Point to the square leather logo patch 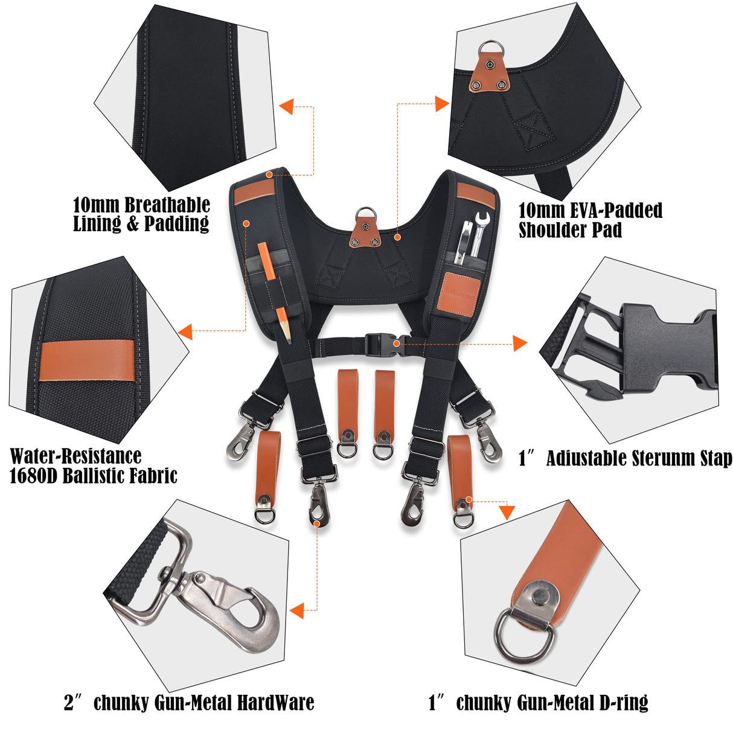[x=458, y=292]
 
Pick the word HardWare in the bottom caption [x=275, y=703]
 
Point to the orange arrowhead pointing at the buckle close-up [x=519, y=344]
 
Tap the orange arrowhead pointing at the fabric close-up [x=185, y=331]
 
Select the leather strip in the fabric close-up [x=88, y=360]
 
